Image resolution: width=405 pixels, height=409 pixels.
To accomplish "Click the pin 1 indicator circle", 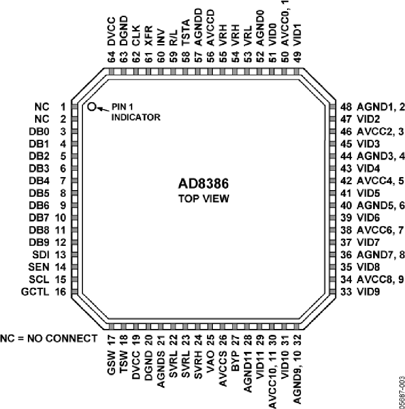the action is [91, 107].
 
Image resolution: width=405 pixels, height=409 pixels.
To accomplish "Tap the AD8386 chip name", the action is [203, 184].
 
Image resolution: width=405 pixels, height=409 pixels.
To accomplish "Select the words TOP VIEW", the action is [203, 199].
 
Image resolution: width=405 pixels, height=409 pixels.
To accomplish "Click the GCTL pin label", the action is [35, 292].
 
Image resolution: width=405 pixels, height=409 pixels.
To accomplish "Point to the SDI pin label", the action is [41, 254].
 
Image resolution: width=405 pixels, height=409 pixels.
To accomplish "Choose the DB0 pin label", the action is [39, 131].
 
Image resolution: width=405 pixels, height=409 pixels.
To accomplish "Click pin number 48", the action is [346, 107].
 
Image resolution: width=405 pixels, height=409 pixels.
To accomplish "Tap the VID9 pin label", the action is [368, 292].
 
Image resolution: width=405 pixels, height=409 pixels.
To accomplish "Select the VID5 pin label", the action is [368, 193].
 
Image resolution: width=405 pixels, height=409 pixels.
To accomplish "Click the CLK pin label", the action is [136, 36].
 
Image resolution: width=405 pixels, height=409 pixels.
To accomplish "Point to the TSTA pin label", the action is [185, 33].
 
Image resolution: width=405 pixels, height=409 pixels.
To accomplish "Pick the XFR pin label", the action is [148, 36].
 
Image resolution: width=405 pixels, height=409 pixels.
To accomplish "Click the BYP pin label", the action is [235, 361].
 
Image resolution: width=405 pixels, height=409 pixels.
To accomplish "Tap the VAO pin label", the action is [211, 361].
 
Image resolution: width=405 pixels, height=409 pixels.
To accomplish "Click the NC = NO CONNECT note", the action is [49, 338].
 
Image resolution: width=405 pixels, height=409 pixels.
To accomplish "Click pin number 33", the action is [346, 292].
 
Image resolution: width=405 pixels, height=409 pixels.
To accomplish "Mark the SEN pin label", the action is [39, 267].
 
